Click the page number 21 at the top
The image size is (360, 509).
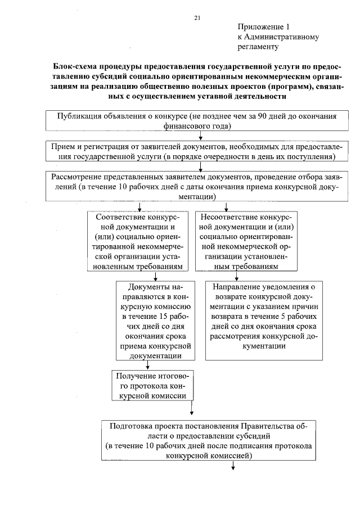[x=197, y=19]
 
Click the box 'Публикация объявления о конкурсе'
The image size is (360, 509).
[x=197, y=121]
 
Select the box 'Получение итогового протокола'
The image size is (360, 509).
[x=151, y=385]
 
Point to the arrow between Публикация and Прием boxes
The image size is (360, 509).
[x=201, y=136]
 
